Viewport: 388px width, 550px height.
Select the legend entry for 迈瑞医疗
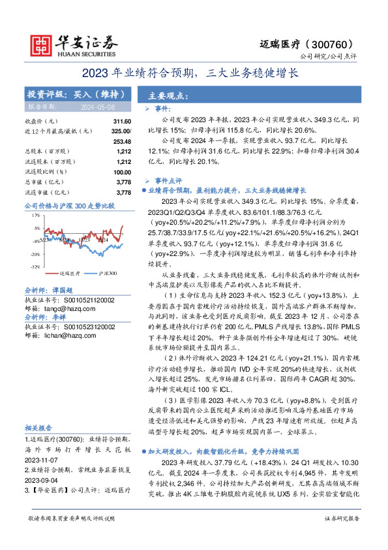coord(68,273)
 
